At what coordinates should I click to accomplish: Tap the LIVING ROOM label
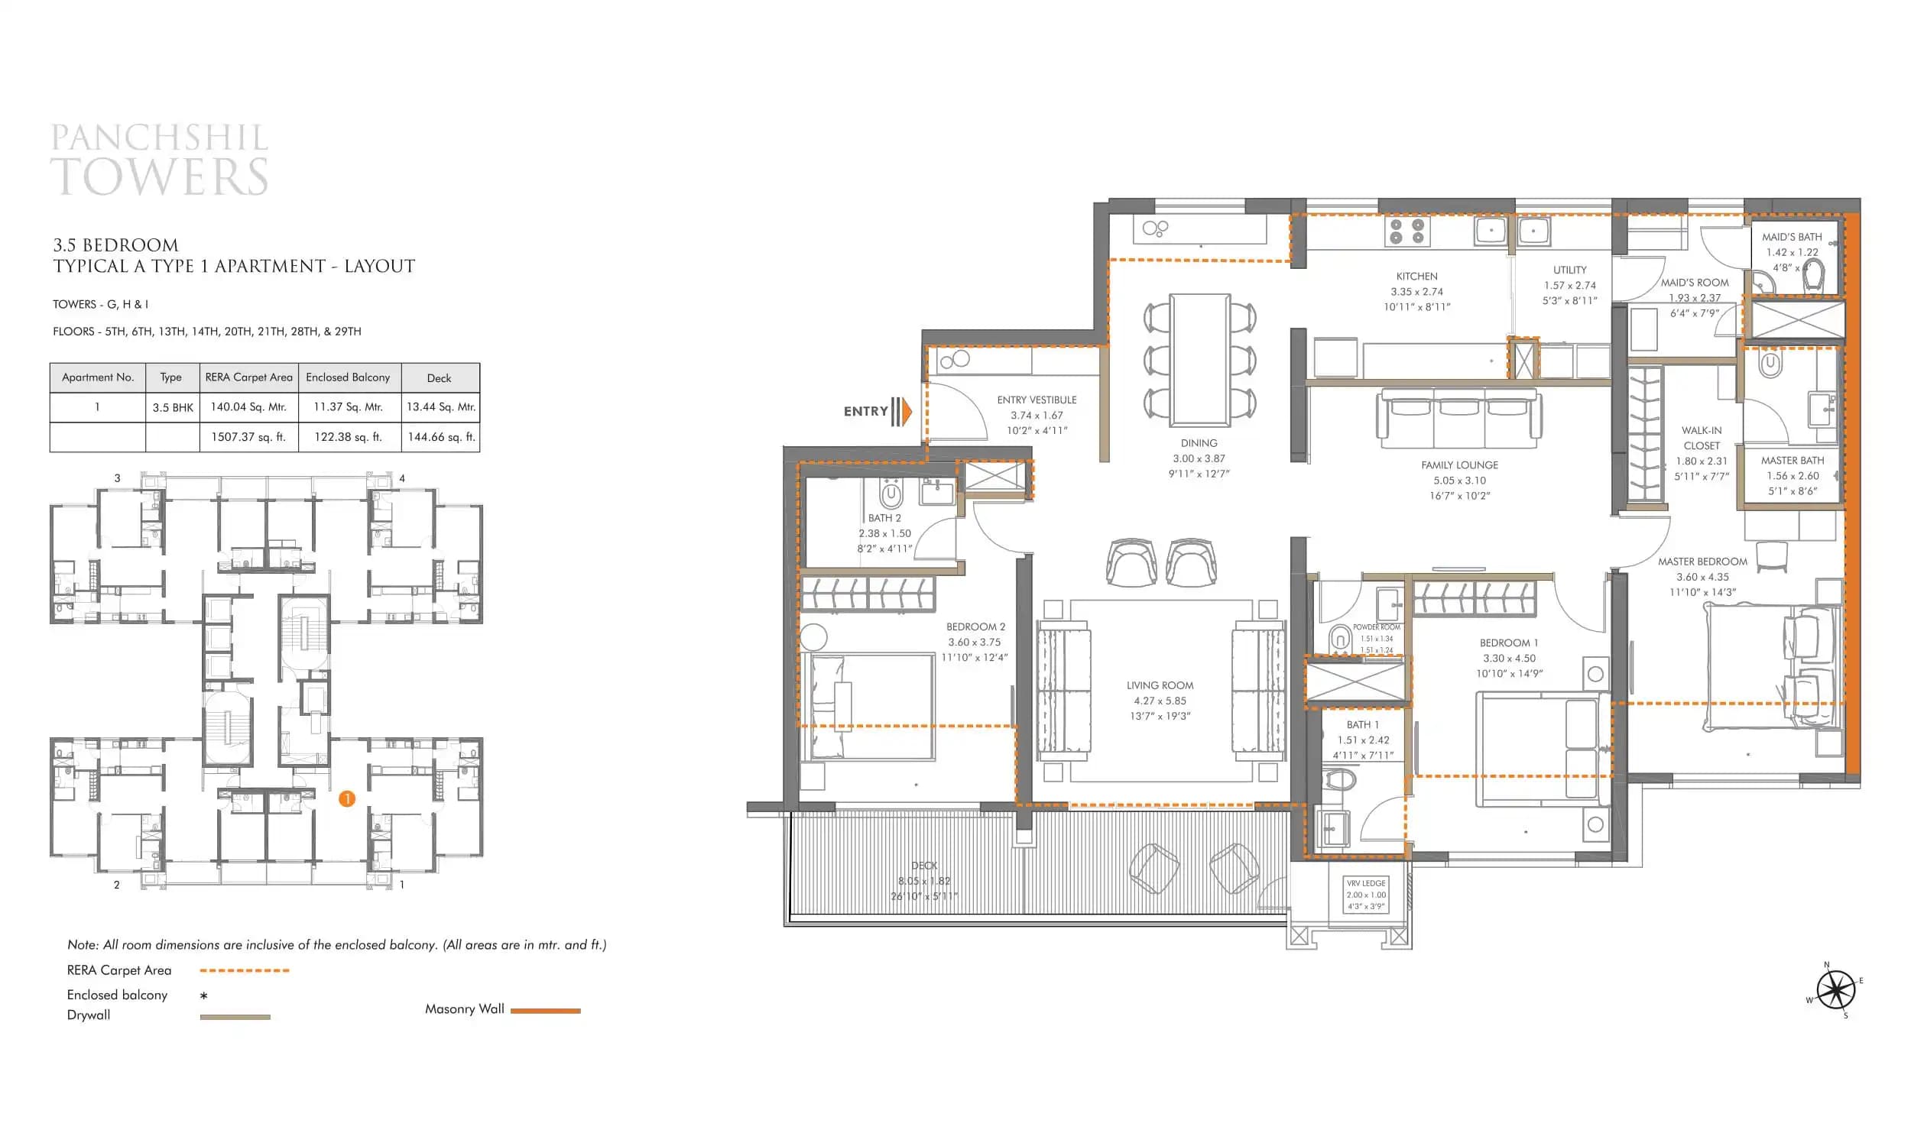1160,686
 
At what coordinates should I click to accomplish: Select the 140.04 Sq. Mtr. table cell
248,407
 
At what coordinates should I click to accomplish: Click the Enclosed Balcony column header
349,377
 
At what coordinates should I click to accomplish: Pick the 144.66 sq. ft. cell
441,437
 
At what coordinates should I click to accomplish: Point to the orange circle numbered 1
347,799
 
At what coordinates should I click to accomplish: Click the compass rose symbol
1835,990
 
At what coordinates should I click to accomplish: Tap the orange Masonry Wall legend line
545,1011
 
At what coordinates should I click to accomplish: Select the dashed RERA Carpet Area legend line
244,971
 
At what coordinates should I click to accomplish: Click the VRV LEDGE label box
1366,895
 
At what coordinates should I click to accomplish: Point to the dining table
1199,360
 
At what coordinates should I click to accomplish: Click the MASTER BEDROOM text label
1702,562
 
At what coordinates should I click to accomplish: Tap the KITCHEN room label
1416,277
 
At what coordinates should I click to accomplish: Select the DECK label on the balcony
924,866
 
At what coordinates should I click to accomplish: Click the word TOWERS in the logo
160,176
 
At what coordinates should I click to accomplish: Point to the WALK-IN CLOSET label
1702,438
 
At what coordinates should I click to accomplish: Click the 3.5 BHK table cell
172,408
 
